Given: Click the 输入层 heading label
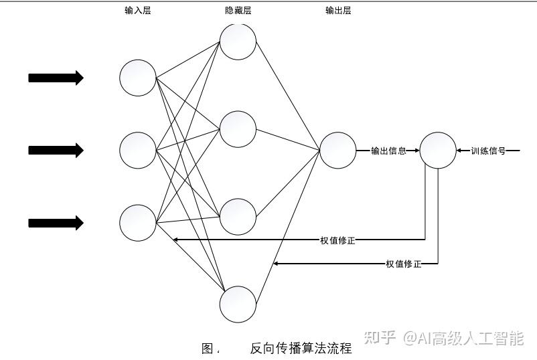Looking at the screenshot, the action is [x=137, y=11].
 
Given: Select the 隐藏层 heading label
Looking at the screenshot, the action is [x=238, y=11].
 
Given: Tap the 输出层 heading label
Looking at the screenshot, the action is [x=338, y=11].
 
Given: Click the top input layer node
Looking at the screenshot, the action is [x=138, y=78].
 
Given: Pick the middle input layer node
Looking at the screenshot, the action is [x=138, y=150].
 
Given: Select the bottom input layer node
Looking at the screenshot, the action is [x=138, y=223].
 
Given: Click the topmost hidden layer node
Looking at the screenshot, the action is [x=238, y=41].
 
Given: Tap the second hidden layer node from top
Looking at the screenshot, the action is [x=238, y=129].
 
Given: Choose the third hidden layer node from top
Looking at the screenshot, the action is [x=238, y=216].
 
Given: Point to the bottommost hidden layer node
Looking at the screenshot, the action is [x=238, y=304].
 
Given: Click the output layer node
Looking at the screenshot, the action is [x=337, y=150].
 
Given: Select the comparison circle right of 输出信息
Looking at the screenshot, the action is [x=437, y=150].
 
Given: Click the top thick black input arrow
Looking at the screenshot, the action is [x=56, y=78].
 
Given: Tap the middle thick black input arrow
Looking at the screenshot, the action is [x=56, y=151].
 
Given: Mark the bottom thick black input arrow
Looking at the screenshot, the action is [x=56, y=223].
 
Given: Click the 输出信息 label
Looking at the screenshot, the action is [x=388, y=151].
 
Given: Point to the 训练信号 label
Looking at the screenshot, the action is [x=488, y=151].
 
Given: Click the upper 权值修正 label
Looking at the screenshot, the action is [x=337, y=240].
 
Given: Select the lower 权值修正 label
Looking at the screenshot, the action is [x=404, y=264].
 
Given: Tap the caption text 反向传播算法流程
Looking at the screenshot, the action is [x=301, y=348].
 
